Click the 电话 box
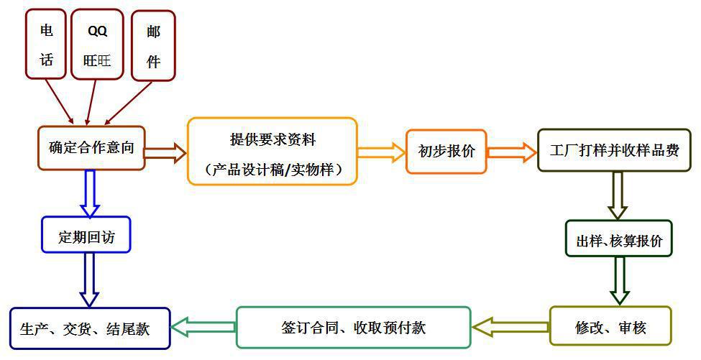coord(47,44)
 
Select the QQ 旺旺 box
coord(97,45)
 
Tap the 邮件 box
coord(153,45)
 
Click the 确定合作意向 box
coord(91,149)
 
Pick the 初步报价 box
coord(446,152)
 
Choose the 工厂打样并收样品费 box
coord(614,151)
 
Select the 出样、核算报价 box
coord(618,241)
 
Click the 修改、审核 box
coord(610,327)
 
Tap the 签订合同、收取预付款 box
coord(353,328)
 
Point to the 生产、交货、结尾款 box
coord(90,329)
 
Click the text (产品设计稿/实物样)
coord(272,170)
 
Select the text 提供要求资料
coord(272,139)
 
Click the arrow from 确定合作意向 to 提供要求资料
coord(165,152)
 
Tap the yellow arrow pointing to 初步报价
coord(381,152)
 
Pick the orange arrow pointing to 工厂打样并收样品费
coord(512,152)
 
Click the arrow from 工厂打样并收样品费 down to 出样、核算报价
coord(617,195)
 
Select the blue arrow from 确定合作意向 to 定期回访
coord(90,193)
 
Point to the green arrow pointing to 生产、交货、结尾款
coord(203,327)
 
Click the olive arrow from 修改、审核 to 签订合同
coord(510,328)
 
